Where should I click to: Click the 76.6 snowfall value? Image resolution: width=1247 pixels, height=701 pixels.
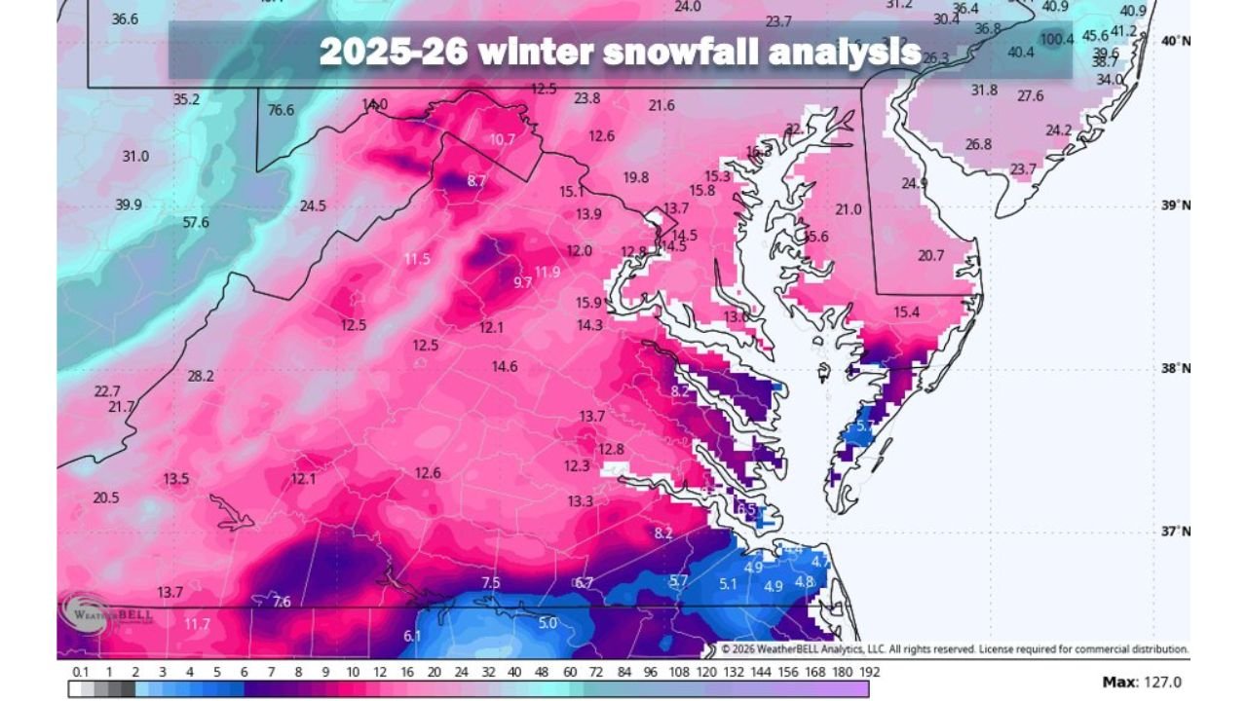point(281,110)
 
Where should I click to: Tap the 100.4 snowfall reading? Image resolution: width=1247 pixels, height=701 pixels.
point(1057,40)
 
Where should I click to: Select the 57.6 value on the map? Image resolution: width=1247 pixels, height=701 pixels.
point(196,222)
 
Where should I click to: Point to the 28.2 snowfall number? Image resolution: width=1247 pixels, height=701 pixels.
point(201,376)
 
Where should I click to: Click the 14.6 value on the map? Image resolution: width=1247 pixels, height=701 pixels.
point(505,366)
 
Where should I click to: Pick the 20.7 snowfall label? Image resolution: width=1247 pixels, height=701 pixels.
point(931,255)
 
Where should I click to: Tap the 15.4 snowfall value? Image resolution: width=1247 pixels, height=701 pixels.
point(906,312)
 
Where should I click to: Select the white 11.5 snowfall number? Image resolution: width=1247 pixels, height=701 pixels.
point(417,258)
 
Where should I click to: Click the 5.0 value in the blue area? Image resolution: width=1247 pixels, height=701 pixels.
point(548,623)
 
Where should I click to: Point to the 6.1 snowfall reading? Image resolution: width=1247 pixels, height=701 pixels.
point(412,637)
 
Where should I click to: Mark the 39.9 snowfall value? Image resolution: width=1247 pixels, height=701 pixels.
point(129,204)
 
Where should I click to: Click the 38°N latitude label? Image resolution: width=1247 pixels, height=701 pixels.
point(1175,368)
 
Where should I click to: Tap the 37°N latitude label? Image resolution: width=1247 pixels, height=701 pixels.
point(1175,532)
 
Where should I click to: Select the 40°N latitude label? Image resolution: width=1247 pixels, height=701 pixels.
point(1175,41)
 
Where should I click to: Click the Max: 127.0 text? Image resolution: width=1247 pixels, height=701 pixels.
point(1142,683)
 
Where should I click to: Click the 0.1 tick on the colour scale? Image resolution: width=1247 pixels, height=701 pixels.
point(80,672)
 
